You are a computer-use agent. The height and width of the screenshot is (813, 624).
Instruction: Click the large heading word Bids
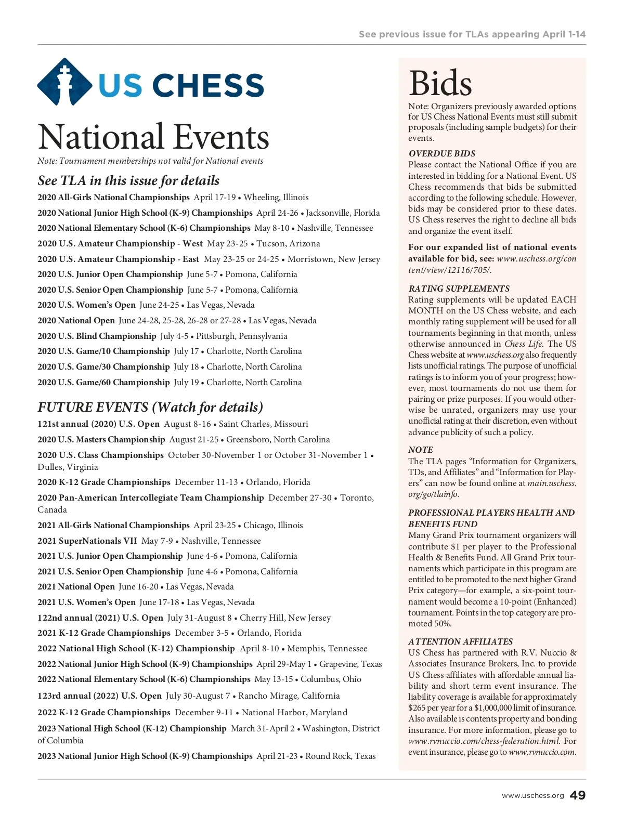click(x=440, y=83)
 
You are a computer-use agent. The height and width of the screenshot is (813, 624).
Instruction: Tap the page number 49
click(x=578, y=795)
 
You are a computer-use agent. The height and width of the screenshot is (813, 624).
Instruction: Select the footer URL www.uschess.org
click(x=532, y=796)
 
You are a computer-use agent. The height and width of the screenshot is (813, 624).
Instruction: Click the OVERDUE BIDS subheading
click(x=442, y=153)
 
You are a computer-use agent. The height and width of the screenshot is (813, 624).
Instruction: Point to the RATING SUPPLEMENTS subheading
click(x=459, y=289)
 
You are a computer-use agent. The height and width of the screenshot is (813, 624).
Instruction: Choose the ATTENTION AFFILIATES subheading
click(x=460, y=641)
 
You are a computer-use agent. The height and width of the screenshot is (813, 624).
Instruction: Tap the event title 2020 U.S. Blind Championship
click(x=97, y=336)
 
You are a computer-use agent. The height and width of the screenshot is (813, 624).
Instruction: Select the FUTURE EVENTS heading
click(x=150, y=407)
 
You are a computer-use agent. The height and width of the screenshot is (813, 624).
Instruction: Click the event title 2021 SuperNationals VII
click(x=87, y=541)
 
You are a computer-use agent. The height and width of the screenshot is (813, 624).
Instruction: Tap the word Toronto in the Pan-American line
click(x=357, y=497)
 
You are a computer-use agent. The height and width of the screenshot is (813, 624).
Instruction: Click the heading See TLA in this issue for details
click(x=128, y=180)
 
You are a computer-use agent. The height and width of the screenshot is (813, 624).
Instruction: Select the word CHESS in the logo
click(x=208, y=85)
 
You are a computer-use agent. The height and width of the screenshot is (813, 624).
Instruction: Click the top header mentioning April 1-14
click(x=472, y=34)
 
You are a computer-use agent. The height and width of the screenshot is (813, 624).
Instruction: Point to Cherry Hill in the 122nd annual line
click(x=262, y=618)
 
